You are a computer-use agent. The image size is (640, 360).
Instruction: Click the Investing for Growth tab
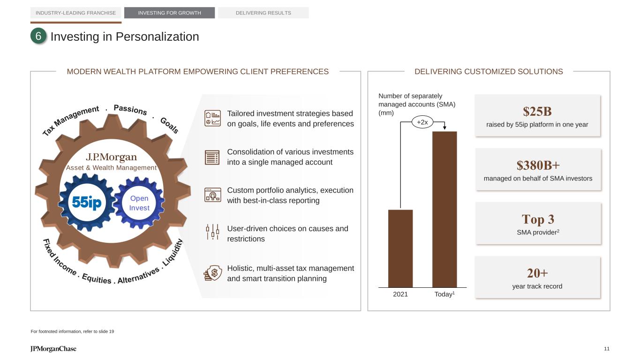[x=169, y=13]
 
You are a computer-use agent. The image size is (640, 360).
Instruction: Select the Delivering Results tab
[x=264, y=13]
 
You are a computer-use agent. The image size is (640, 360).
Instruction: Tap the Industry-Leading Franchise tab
[x=75, y=13]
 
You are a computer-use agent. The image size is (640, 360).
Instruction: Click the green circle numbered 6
[x=38, y=36]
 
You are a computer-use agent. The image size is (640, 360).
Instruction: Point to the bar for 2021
[x=400, y=248]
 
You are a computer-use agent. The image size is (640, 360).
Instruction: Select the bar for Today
[x=444, y=210]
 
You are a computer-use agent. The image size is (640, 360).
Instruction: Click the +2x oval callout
[x=422, y=122]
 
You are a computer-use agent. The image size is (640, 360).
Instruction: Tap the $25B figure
[x=537, y=112]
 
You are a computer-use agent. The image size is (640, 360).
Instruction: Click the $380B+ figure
[x=538, y=165]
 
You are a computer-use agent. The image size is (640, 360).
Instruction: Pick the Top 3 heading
[x=538, y=219]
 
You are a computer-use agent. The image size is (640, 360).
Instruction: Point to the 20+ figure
[x=537, y=273]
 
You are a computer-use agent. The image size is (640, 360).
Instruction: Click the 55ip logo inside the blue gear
[x=87, y=202]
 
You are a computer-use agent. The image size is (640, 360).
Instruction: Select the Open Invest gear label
[x=139, y=203]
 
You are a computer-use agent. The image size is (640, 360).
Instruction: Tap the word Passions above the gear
[x=130, y=109]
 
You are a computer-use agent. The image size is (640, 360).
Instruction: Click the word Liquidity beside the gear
[x=172, y=253]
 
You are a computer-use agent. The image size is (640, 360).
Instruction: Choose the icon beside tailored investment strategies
[x=212, y=118]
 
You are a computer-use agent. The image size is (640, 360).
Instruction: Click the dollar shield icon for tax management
[x=212, y=273]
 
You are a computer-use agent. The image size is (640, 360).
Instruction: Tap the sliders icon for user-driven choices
[x=212, y=232]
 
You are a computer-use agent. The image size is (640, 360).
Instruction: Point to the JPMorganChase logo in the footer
[x=53, y=349]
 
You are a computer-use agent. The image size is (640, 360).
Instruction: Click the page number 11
[x=607, y=349]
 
